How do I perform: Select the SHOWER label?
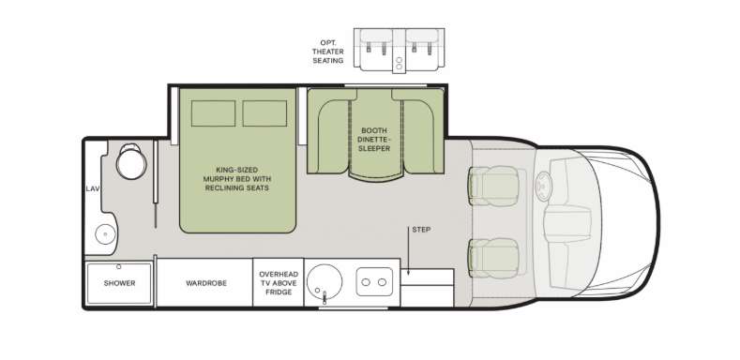pos(119,282)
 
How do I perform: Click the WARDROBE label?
pos(204,282)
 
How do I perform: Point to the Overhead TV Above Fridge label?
pos(279,283)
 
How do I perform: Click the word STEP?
pos(420,229)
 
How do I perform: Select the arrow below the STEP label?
pos(409,253)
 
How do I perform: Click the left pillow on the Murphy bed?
pos(211,113)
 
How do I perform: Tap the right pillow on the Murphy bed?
pos(264,113)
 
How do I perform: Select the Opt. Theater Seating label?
pos(328,51)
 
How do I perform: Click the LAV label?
pos(93,188)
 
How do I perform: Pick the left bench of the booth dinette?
pos(326,136)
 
